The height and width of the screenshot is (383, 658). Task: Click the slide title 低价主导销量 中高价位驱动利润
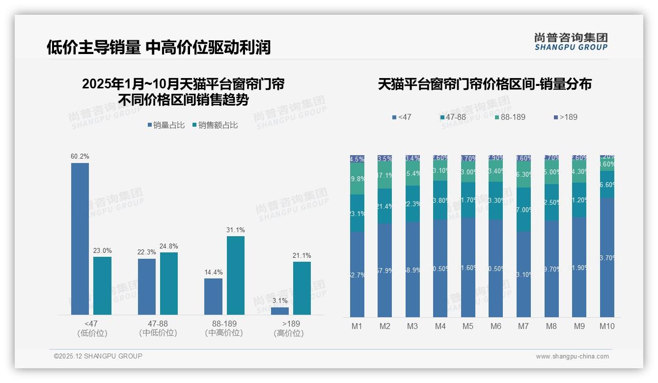158,47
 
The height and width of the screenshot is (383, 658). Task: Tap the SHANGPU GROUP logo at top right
571,42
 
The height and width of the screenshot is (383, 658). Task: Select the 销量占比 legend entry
166,125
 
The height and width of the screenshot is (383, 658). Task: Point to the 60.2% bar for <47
80,239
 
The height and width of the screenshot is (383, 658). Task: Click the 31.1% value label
235,230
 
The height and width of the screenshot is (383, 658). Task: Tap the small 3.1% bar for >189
280,311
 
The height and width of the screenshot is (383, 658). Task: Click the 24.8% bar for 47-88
169,283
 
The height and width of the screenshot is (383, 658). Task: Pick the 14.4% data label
213,272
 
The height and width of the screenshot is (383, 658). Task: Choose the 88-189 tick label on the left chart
224,324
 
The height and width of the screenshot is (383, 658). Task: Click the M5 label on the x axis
468,326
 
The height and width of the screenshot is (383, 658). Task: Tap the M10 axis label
607,326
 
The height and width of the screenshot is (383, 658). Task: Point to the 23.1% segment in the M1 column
357,213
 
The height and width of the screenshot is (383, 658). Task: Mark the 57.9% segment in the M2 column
385,270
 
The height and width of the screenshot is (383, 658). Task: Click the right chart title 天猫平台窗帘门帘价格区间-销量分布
485,84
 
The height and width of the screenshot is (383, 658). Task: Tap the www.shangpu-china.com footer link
572,356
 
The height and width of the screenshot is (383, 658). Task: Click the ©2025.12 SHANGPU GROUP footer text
98,356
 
